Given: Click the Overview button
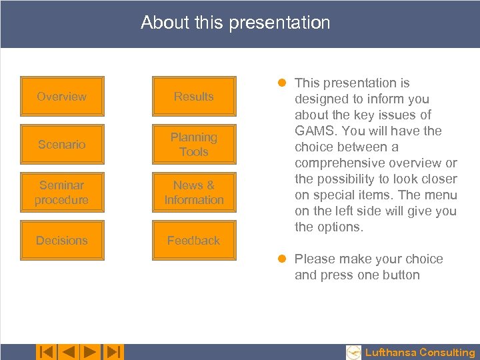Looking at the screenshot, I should pyautogui.click(x=61, y=97).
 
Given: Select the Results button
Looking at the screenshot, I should pyautogui.click(x=193, y=97).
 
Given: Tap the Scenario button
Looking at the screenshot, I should pyautogui.click(x=61, y=145).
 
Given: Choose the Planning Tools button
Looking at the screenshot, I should pyautogui.click(x=193, y=145).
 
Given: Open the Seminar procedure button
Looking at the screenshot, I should pyautogui.click(x=61, y=193).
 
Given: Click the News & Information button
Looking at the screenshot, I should pyautogui.click(x=193, y=193).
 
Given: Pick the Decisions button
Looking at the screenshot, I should pyautogui.click(x=61, y=241).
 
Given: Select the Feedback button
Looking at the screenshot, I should pyautogui.click(x=193, y=241).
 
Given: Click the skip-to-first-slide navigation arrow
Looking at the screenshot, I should pyautogui.click(x=46, y=352).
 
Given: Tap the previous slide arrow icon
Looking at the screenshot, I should pyautogui.click(x=68, y=352).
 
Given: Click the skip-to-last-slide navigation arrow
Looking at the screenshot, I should pyautogui.click(x=113, y=352).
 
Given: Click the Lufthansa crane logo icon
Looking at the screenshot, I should pyautogui.click(x=354, y=353).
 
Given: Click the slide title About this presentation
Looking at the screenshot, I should pyautogui.click(x=235, y=23).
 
